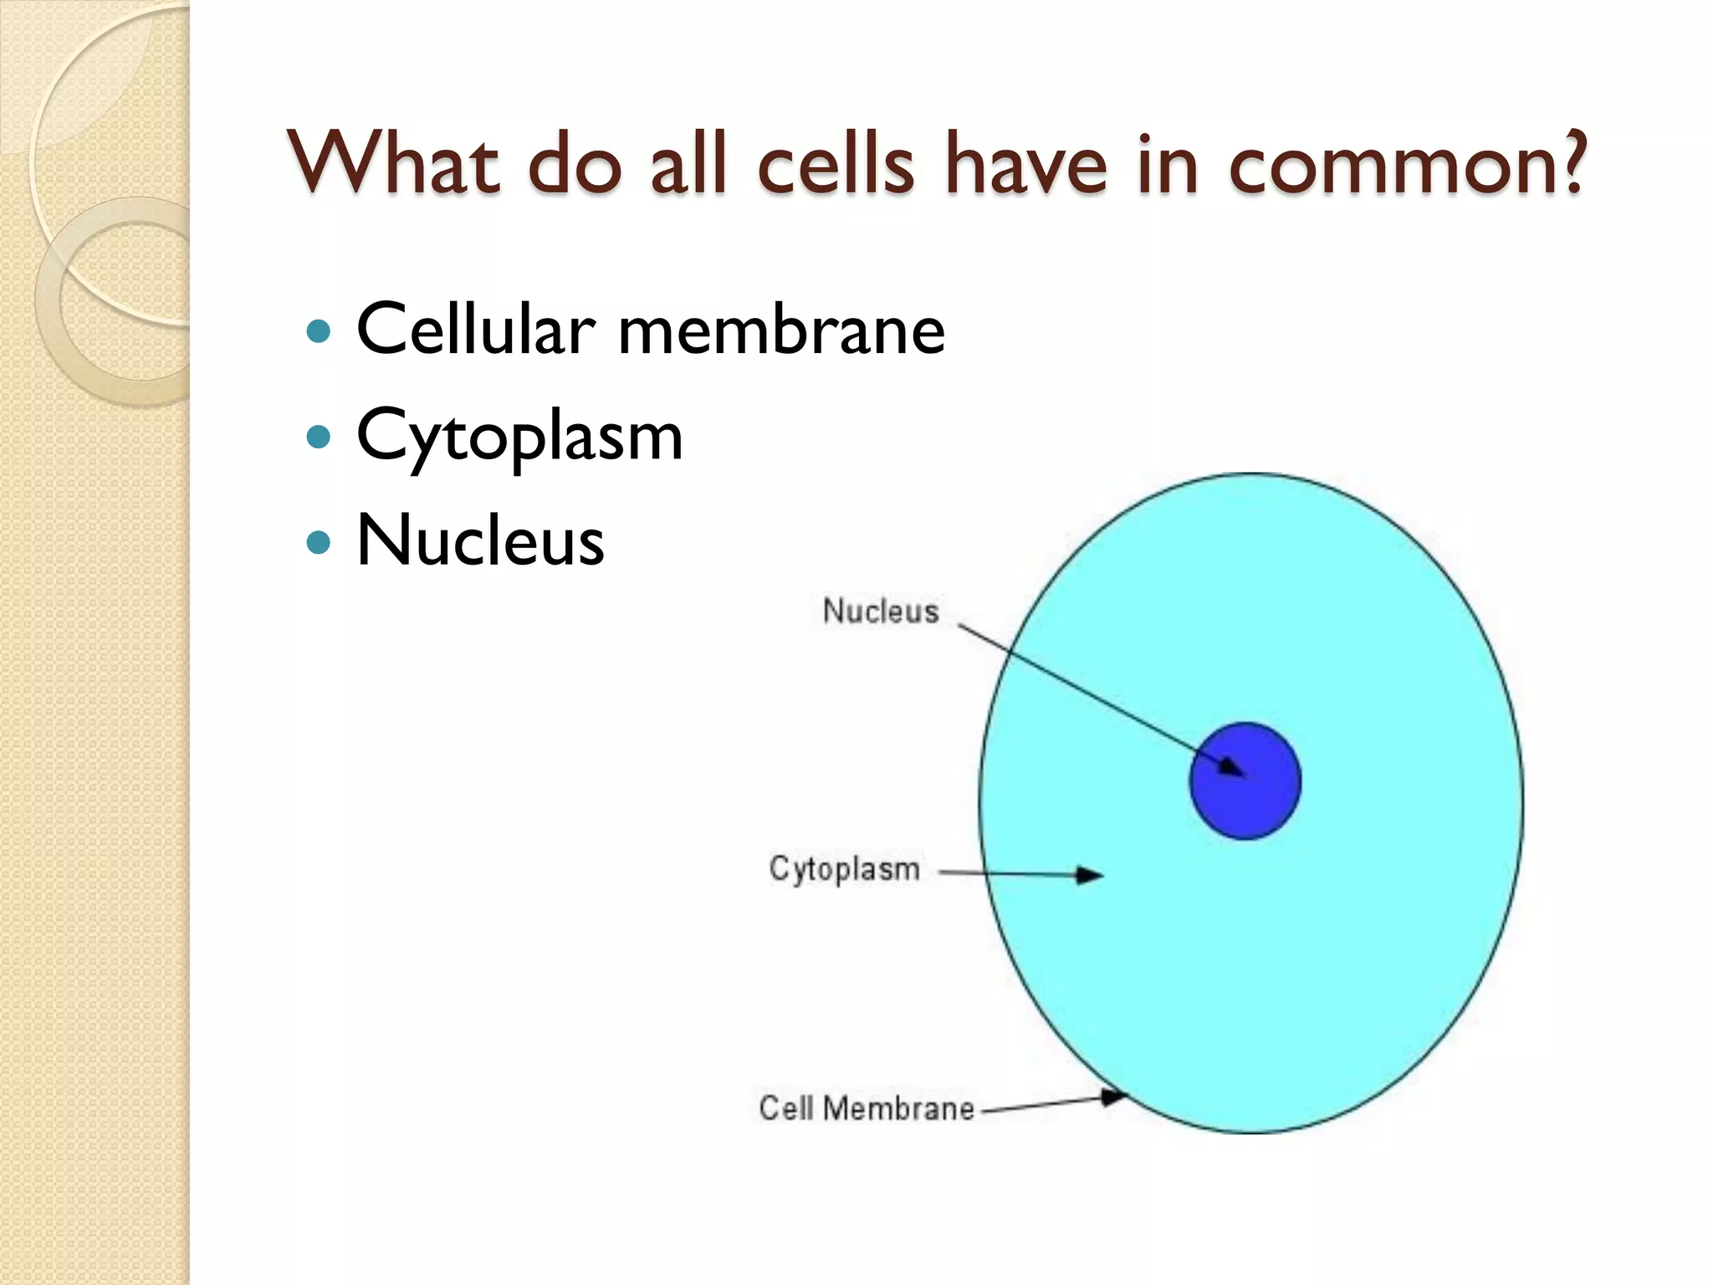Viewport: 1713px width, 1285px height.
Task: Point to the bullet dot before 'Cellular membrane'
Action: pos(319,331)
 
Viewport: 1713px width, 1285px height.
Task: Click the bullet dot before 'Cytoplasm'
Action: pos(319,436)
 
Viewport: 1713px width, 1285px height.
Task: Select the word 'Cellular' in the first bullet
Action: pos(476,330)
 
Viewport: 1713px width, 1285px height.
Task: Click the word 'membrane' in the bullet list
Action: pos(781,330)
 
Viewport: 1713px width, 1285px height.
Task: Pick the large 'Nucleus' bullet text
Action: pos(480,540)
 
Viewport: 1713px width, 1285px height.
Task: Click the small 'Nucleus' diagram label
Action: pos(881,611)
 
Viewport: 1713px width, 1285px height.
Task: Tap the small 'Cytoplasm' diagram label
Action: pos(844,869)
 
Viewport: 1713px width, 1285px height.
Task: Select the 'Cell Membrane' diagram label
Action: pos(867,1108)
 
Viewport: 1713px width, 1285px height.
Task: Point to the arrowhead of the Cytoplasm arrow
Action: pos(1091,875)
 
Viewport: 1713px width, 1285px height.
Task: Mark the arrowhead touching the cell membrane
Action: pos(1113,1096)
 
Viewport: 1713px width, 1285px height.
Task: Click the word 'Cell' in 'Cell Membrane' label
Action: pos(786,1108)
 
